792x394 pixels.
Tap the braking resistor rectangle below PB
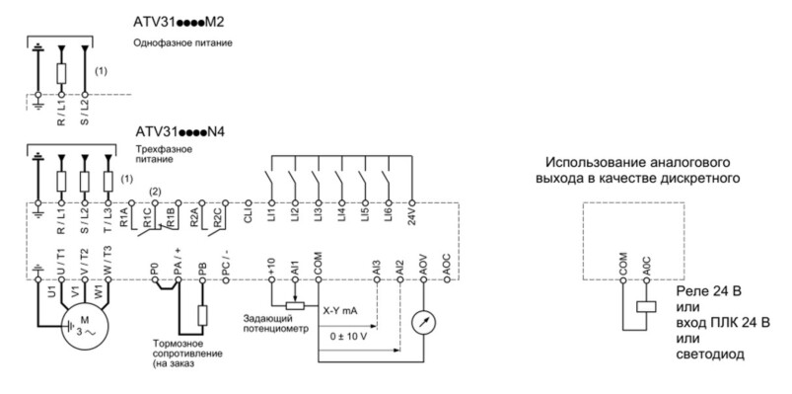[x=202, y=316]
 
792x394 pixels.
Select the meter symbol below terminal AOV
[x=423, y=323]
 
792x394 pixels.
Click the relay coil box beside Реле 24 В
[x=646, y=306]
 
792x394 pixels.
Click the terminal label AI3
[x=378, y=266]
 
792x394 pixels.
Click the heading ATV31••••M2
[x=179, y=24]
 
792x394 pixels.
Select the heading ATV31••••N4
[x=180, y=132]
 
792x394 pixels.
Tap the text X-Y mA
[x=340, y=310]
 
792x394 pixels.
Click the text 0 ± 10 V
[x=349, y=337]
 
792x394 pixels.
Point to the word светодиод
[x=710, y=355]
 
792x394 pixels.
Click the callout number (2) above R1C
[x=156, y=192]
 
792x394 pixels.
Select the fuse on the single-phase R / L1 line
[x=61, y=74]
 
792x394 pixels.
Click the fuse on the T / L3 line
[x=108, y=181]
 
